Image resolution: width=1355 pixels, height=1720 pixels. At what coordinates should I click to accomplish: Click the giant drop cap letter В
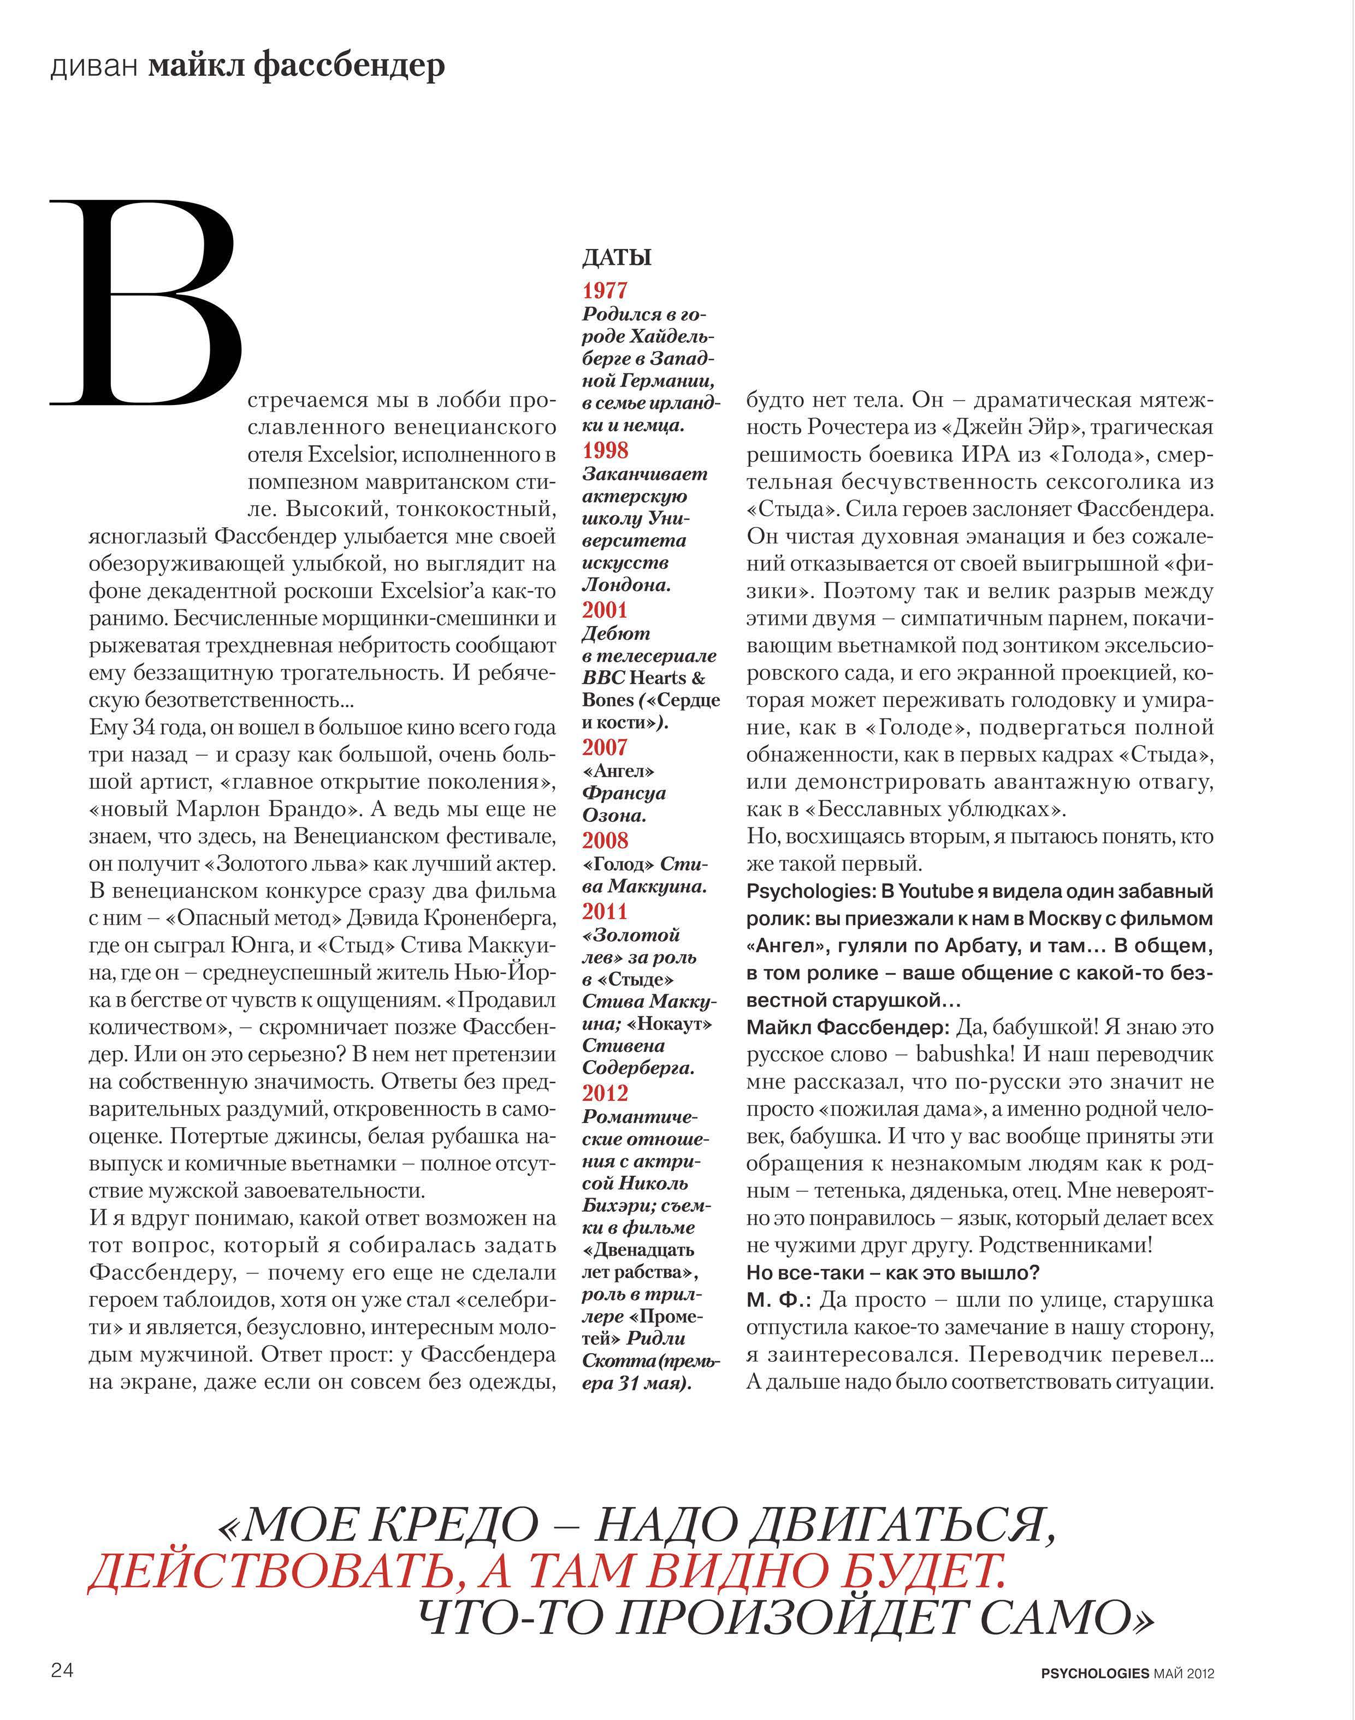pos(147,305)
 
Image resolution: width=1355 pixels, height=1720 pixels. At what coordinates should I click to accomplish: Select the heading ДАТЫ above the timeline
pos(617,258)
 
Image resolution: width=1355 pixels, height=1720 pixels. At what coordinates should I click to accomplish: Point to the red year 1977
pos(605,290)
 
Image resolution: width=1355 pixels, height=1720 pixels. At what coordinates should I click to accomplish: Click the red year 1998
pos(605,450)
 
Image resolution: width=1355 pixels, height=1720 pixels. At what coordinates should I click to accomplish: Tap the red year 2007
pos(605,747)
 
